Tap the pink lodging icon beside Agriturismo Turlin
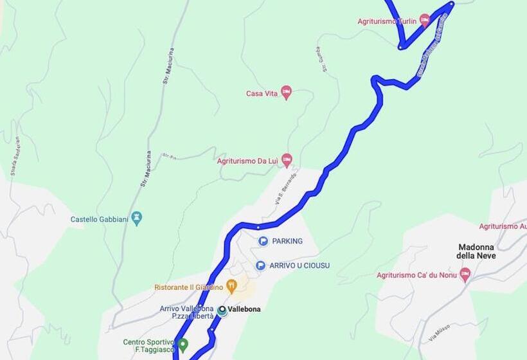tap(424, 21)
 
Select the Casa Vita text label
tap(262, 94)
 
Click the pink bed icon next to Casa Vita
tap(287, 93)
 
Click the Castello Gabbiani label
tap(99, 219)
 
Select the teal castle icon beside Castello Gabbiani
tap(136, 219)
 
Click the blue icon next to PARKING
tap(263, 241)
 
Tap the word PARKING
tap(287, 241)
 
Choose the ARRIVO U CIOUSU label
tap(299, 265)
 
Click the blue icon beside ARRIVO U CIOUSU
tap(260, 265)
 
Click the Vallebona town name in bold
tap(244, 309)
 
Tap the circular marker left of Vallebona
tap(222, 310)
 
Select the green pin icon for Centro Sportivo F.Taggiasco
tap(183, 345)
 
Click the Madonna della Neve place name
tap(476, 251)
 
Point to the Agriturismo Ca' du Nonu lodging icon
tap(465, 274)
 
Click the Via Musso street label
tap(440, 332)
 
